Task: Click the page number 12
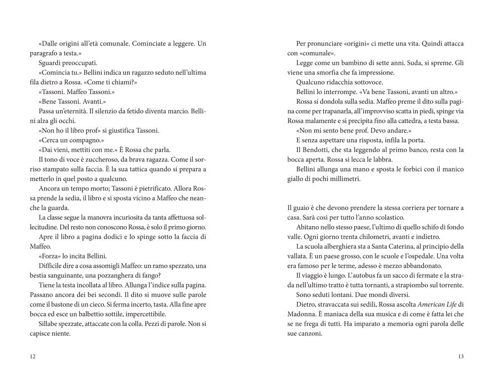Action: coord(33,357)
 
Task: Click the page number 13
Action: coord(460,357)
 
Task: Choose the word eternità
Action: coord(77,112)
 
